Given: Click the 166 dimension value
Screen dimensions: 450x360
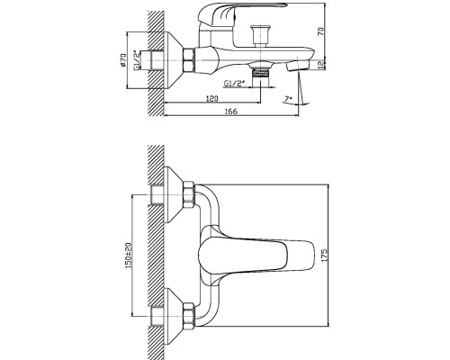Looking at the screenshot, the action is coord(231,111).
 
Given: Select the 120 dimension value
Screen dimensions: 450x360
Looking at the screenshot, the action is coord(212,98).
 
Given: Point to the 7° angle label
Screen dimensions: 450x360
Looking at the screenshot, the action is coord(288,99).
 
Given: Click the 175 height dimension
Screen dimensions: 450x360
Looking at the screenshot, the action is coord(324,256).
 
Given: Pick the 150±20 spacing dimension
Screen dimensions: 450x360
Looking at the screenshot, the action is coord(129,256).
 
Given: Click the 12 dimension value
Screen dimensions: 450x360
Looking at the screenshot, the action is coord(320,65).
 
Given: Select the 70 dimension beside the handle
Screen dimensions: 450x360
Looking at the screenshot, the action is coord(320,31).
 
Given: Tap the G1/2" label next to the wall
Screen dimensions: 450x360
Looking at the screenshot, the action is coord(137,60).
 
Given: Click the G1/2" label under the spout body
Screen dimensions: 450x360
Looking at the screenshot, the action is coord(233,83).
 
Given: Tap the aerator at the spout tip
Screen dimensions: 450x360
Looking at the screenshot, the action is coord(298,66).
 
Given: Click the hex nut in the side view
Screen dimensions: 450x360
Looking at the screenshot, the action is coord(189,60).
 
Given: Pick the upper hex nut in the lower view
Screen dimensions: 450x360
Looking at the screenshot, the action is coord(189,194).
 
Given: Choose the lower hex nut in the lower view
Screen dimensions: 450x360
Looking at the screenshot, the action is coord(189,316).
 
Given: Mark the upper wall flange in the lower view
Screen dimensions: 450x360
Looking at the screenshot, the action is coord(174,194).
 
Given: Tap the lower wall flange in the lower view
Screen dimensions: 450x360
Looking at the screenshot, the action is coord(174,316).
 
